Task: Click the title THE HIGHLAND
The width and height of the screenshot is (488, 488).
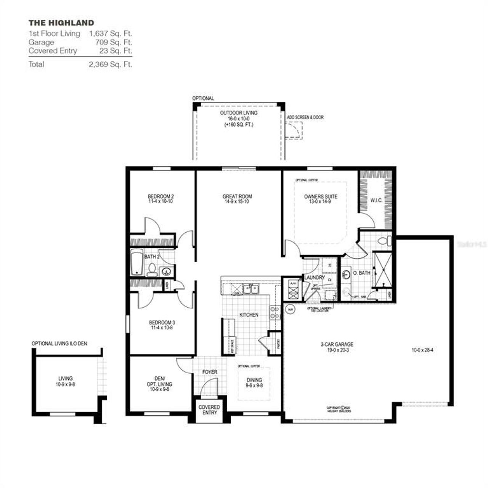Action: point(61,23)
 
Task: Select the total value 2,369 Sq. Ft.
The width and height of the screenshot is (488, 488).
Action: point(110,64)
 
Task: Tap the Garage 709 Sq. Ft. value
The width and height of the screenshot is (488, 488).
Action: point(113,42)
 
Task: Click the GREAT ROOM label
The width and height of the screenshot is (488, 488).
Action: point(237,197)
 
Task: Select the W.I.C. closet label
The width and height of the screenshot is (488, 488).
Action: point(376,200)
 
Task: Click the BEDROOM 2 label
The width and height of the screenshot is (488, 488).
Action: point(161,197)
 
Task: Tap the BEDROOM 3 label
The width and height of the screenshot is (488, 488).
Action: point(162,323)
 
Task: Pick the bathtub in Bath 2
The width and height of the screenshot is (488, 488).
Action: point(136,262)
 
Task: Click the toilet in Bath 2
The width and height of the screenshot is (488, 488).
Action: point(152,269)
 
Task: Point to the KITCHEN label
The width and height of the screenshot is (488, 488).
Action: point(249,315)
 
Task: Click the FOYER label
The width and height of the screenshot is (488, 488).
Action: point(209,372)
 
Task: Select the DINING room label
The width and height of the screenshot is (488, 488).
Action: point(254,380)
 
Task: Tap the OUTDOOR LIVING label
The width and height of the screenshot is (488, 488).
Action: point(239,113)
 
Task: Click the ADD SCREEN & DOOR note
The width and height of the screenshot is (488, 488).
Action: point(305,117)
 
